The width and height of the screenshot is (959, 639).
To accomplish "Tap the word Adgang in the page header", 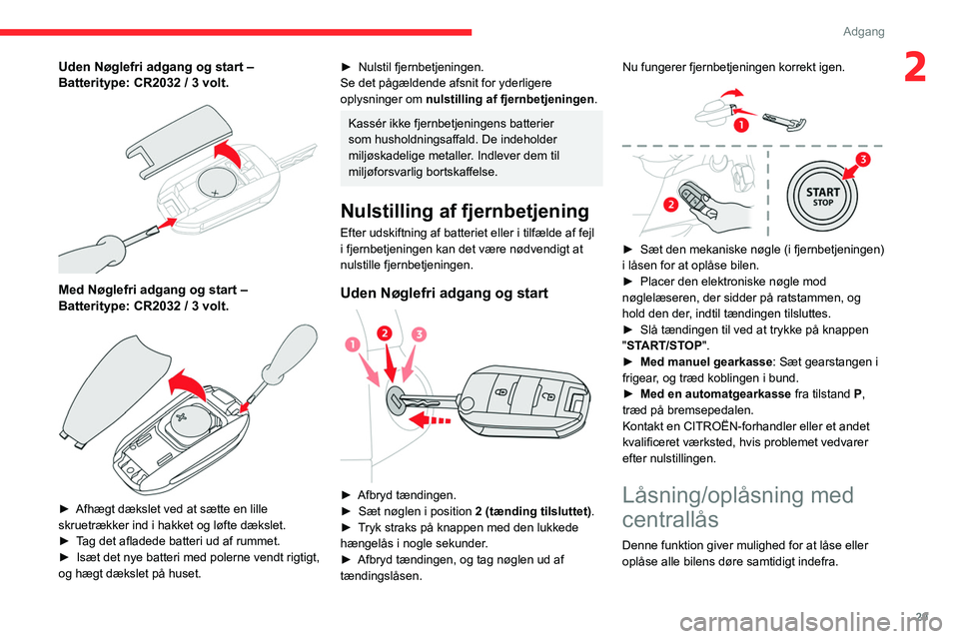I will click(x=863, y=31).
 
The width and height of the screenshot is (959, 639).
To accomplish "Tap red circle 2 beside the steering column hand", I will click(x=670, y=205).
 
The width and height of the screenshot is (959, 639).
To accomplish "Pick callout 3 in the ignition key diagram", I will click(x=419, y=332).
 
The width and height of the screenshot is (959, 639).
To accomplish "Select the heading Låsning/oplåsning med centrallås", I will click(x=737, y=507).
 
